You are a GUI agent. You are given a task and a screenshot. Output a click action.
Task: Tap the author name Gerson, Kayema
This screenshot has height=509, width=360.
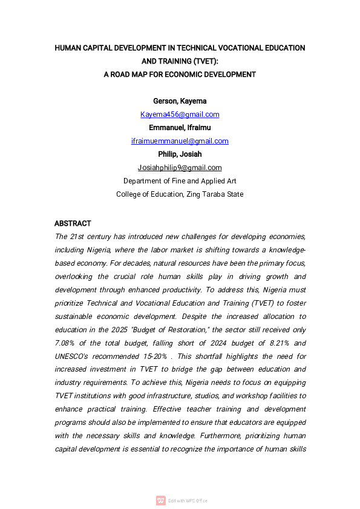180,101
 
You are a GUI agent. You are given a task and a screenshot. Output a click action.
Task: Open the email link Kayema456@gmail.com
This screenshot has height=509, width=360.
180,114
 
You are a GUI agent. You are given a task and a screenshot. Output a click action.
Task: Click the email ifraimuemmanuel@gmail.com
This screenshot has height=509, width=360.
180,141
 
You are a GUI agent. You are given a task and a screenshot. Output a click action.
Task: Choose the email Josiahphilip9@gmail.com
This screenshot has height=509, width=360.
180,168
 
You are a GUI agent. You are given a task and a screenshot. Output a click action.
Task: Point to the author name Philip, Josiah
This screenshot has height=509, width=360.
180,154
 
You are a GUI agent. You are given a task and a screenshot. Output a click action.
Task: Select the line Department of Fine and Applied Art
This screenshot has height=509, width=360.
180,181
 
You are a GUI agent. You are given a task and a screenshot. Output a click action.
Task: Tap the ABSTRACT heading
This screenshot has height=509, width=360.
73,223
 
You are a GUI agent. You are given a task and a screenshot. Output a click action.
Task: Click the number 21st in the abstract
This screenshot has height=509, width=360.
76,237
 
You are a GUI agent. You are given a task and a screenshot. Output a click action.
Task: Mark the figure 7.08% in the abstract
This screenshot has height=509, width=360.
66,343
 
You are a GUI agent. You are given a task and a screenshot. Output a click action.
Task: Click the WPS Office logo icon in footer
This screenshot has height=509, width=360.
160,501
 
